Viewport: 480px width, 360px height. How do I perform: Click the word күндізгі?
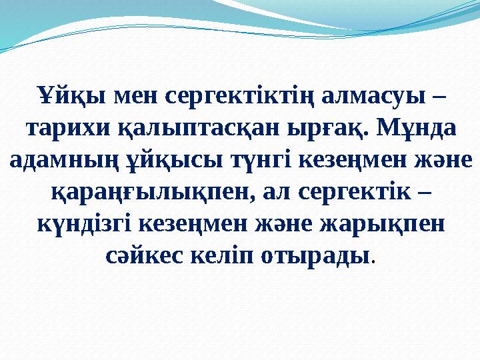coord(80,223)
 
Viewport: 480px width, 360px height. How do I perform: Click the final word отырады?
coord(319,255)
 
